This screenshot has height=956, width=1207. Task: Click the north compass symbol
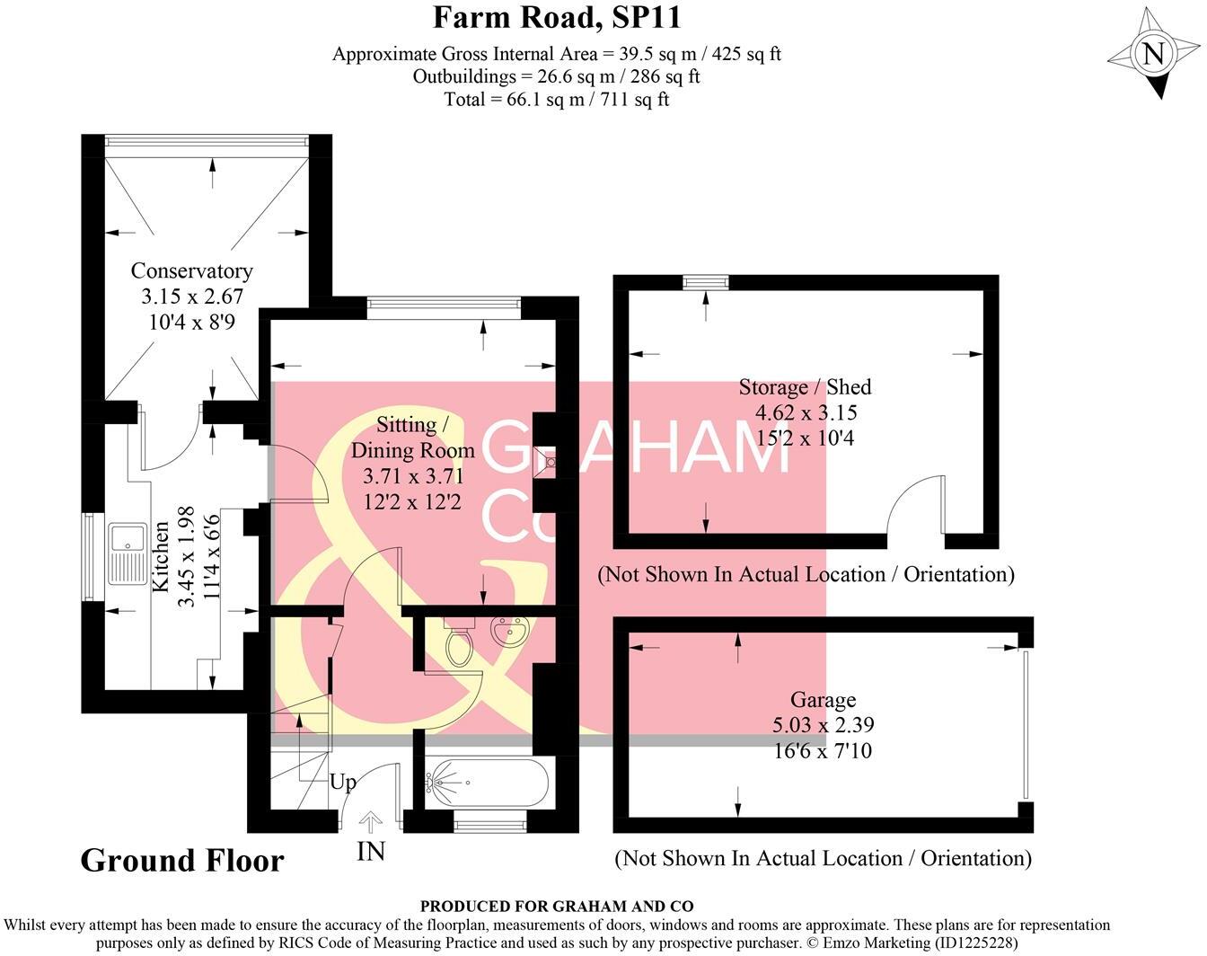[1153, 55]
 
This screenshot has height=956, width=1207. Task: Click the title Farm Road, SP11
[557, 17]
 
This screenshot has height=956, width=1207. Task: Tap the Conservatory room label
[191, 270]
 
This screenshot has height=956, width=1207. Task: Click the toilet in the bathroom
[459, 642]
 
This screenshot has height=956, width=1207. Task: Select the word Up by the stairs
[342, 782]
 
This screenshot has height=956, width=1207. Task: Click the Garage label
[823, 700]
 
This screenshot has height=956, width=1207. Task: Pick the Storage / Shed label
[805, 387]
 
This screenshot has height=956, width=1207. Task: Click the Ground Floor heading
[182, 861]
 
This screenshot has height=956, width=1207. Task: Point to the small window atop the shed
[705, 282]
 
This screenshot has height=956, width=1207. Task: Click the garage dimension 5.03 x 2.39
[823, 725]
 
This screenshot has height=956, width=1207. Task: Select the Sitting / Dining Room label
[412, 437]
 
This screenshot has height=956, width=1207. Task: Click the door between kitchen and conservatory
[171, 442]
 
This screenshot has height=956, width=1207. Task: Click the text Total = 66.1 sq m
[556, 99]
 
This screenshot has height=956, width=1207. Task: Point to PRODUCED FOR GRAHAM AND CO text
[556, 907]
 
